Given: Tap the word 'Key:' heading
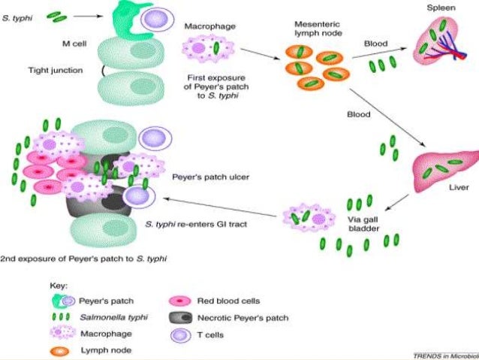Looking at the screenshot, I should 60,286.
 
